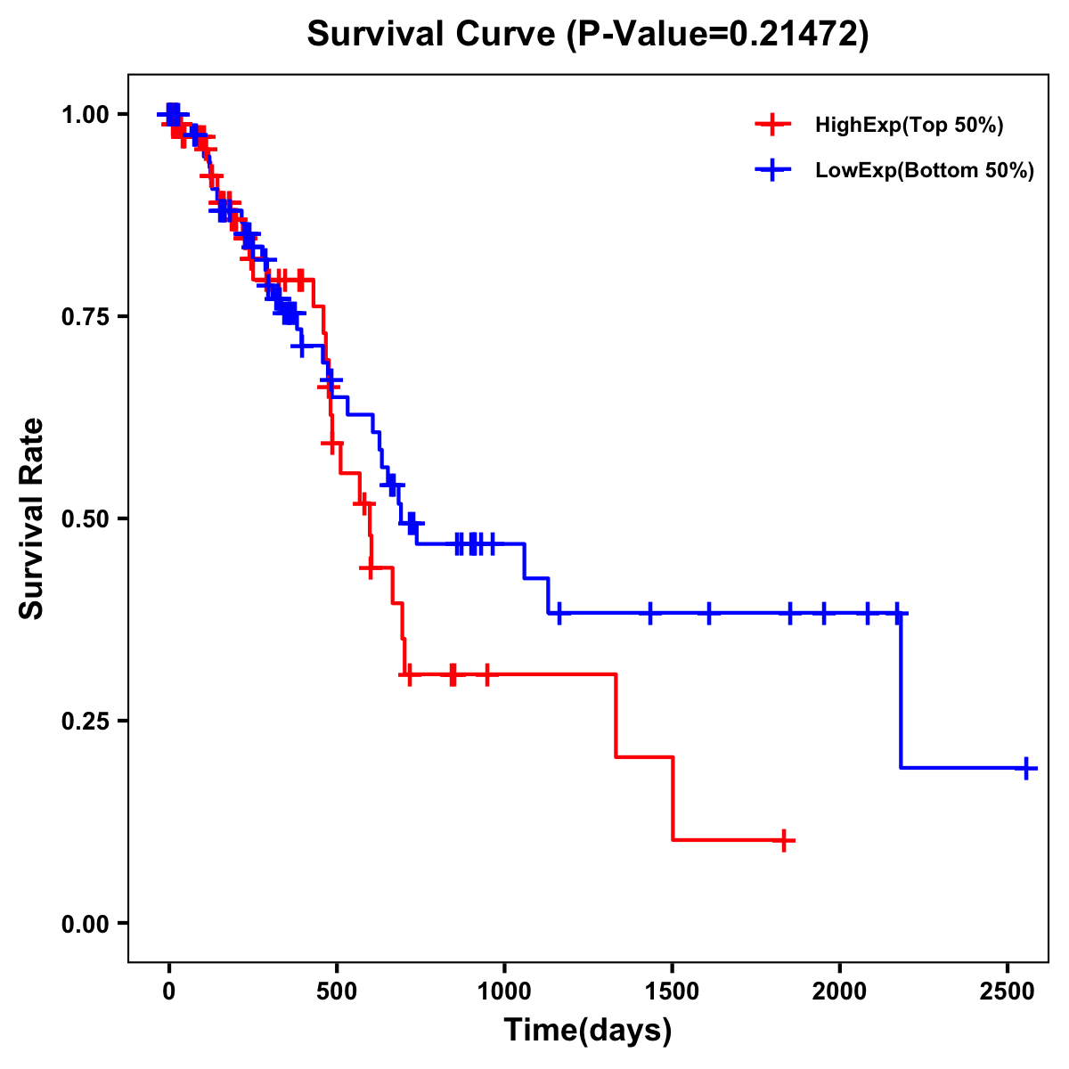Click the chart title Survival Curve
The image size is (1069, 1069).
587,35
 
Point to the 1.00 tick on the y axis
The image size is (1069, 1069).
85,115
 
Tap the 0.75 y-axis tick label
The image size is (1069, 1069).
85,317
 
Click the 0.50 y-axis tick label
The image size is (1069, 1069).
85,519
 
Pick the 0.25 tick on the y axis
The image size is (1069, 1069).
85,722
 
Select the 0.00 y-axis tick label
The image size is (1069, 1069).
85,924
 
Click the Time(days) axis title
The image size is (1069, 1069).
587,1031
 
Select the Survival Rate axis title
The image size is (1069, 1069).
32,518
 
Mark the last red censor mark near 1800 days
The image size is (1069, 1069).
783,840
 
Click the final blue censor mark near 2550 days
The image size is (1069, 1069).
1026,768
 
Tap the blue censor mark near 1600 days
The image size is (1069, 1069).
709,613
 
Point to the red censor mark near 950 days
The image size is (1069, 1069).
486,675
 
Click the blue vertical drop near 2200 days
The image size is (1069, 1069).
901,690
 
